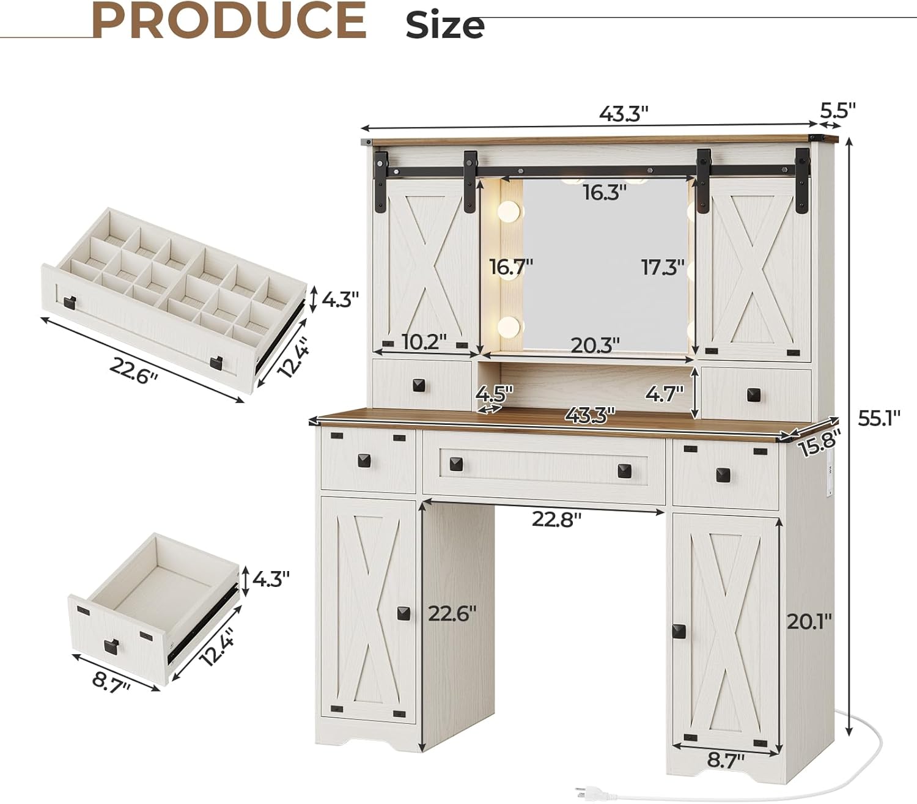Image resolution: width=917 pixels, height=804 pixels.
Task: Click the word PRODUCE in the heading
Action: tap(229, 21)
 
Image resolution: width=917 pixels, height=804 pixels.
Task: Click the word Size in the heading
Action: tap(445, 26)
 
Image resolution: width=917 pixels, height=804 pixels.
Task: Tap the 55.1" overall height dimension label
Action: tap(879, 419)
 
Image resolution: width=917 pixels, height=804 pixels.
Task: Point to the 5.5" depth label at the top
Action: tap(838, 110)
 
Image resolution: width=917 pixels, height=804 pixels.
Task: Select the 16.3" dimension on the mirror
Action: tap(605, 192)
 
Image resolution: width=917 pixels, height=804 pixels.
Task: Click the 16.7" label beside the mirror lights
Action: tap(511, 267)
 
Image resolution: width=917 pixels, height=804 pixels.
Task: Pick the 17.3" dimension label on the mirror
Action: tap(663, 267)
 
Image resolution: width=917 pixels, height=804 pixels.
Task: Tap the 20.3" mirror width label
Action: tap(595, 345)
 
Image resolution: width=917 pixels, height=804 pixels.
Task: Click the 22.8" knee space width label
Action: tap(556, 518)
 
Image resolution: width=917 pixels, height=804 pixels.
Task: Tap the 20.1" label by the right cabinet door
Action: tap(809, 622)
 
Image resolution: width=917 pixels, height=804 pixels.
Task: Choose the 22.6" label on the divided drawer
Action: tap(134, 369)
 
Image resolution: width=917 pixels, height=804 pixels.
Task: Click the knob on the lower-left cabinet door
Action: tap(403, 613)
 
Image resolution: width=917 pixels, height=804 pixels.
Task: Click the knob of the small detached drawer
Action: tap(111, 644)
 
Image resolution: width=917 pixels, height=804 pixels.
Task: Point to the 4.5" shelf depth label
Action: tap(493, 392)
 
